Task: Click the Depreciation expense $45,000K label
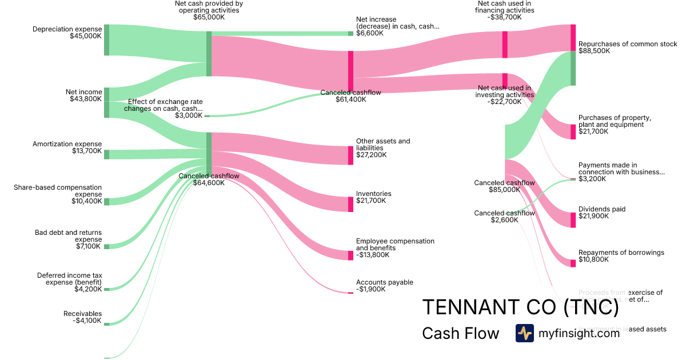67,33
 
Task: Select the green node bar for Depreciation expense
106,40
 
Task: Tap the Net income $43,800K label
83,95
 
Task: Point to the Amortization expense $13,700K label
67,148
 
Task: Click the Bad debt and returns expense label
68,239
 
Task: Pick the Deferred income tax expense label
69,282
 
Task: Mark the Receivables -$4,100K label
82,317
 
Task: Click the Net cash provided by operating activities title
209,10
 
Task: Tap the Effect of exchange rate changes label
165,108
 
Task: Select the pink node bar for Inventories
350,204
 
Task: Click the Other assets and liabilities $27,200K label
383,147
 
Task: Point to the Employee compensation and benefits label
395,248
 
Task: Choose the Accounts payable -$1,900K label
384,286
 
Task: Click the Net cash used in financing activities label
505,10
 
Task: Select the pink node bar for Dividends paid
573,220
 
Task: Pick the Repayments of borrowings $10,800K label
621,256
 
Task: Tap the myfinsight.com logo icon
524,333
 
